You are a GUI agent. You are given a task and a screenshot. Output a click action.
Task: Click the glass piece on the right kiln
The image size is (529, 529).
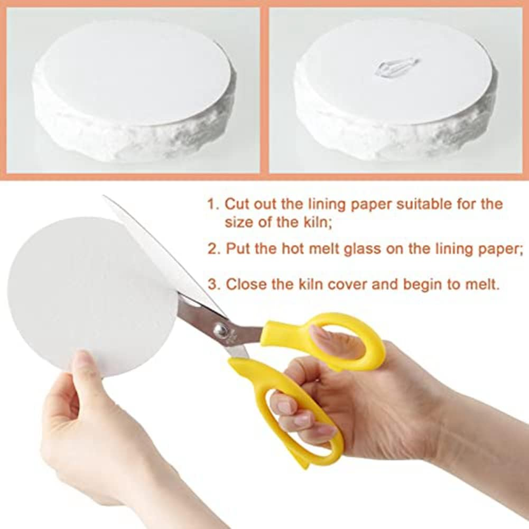(x=397, y=67)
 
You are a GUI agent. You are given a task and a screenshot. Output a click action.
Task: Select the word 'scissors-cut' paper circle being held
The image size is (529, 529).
(x=90, y=296)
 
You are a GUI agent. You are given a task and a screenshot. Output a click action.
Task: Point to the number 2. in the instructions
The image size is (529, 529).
(x=214, y=249)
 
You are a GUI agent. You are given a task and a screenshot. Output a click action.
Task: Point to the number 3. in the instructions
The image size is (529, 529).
(x=214, y=284)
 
